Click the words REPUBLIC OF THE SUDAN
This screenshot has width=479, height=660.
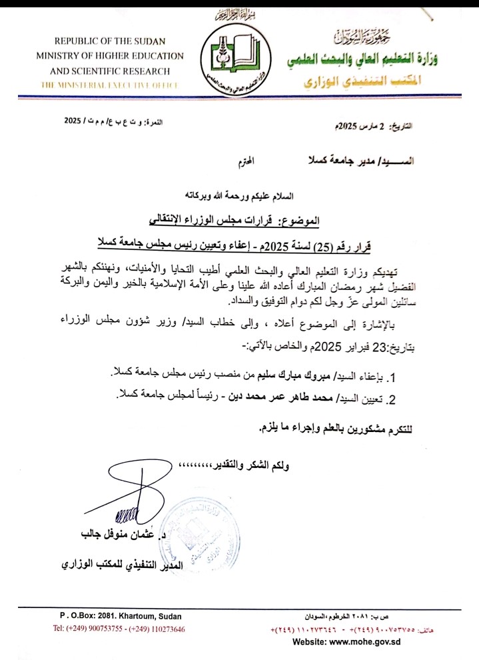pyautogui.click(x=109, y=41)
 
